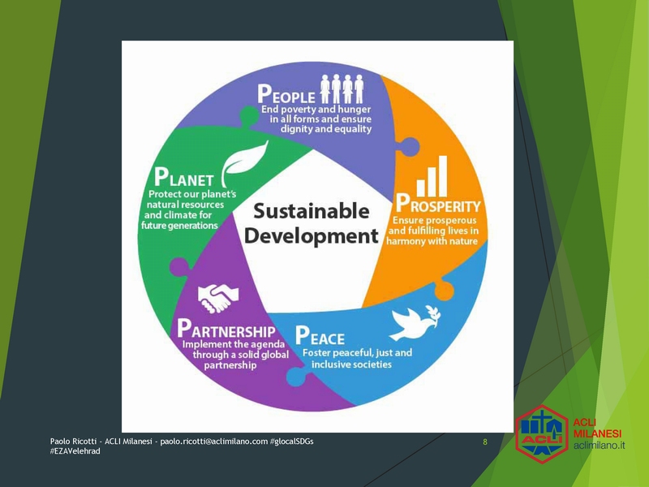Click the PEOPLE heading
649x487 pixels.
286,94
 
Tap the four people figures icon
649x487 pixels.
342,88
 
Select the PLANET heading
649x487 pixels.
183,177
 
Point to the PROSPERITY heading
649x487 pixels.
438,204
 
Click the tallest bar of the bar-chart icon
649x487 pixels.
443,176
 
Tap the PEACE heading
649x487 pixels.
320,336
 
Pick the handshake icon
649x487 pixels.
218,298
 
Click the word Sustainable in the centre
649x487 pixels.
312,211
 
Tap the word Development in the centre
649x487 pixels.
312,236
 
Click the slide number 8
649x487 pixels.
485,442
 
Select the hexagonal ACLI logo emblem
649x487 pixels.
542,434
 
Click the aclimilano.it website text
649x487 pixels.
599,446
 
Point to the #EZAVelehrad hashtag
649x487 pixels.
75,451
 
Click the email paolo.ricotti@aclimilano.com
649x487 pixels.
214,442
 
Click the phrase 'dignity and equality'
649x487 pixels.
326,129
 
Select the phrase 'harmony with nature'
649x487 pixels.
432,241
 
